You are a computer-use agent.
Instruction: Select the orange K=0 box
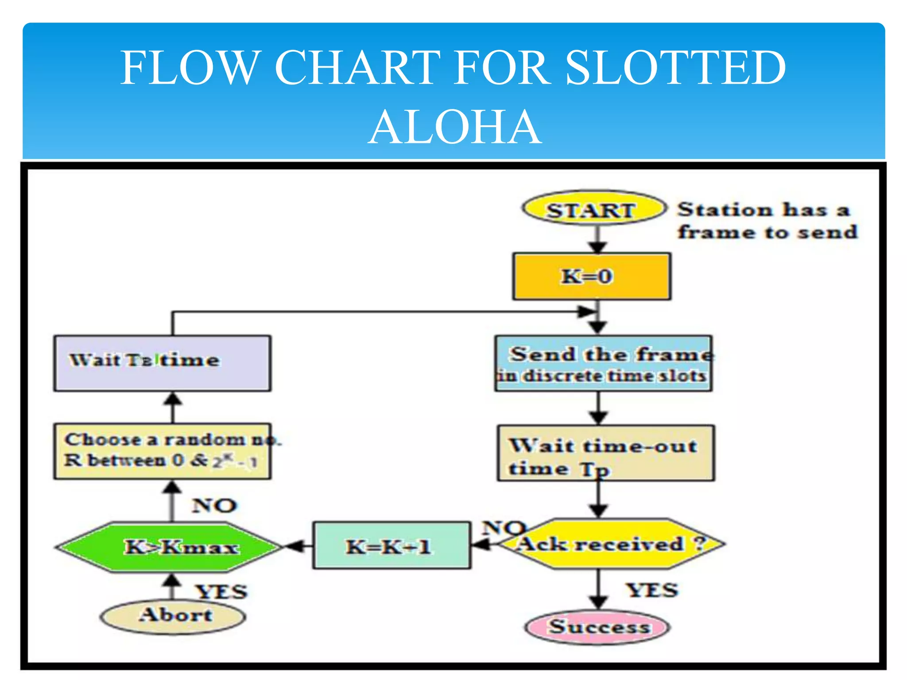click(x=591, y=276)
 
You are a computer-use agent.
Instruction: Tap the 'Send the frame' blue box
click(x=603, y=363)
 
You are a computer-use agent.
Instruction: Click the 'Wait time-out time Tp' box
click(x=605, y=453)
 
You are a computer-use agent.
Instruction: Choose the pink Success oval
click(x=597, y=626)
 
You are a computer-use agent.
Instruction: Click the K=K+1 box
click(x=391, y=545)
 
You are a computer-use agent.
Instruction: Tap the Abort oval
click(x=173, y=616)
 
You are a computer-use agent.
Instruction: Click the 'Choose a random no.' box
click(x=162, y=451)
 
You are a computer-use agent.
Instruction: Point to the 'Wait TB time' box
click(x=162, y=363)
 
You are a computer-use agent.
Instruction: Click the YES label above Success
click(x=651, y=590)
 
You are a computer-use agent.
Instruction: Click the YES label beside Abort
click(x=221, y=592)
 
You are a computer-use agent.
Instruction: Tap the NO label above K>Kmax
click(x=214, y=506)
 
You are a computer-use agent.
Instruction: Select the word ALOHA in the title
click(x=454, y=127)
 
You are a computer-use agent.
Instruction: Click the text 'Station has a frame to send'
click(x=767, y=221)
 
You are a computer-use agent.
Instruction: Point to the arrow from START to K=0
click(x=598, y=240)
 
